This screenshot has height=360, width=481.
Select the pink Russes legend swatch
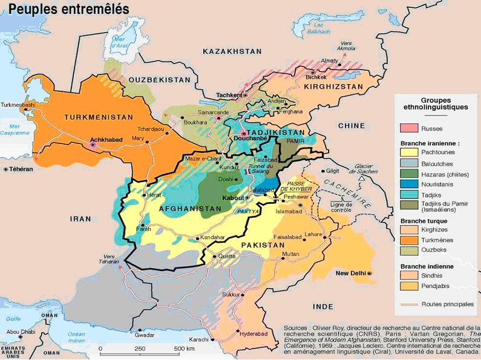[x=409, y=128]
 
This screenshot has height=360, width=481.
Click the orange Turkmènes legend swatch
[x=409, y=240]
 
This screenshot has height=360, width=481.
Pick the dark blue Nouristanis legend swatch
[x=409, y=184]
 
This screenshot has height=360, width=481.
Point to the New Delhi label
[x=351, y=273]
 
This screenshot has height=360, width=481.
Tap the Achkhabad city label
[x=107, y=139]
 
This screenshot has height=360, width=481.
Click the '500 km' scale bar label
[x=184, y=349]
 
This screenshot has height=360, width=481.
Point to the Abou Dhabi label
[x=21, y=332]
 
